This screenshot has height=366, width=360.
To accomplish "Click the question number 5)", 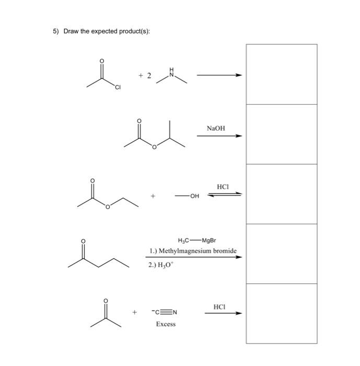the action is (56, 31).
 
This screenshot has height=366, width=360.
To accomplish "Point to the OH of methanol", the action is (194, 197).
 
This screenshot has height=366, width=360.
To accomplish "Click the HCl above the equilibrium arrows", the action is (223, 187).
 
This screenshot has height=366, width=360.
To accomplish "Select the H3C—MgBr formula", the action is (194, 241).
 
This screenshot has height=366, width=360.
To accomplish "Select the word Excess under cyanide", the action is (166, 324).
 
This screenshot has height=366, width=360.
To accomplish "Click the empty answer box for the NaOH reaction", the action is (281, 134).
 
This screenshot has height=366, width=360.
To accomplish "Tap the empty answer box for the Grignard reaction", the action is (281, 254).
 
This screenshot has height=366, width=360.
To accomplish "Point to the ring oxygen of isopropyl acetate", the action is (154, 148).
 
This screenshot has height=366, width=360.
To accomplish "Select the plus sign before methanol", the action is (154, 197).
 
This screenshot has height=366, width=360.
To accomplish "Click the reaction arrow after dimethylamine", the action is (219, 75).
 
